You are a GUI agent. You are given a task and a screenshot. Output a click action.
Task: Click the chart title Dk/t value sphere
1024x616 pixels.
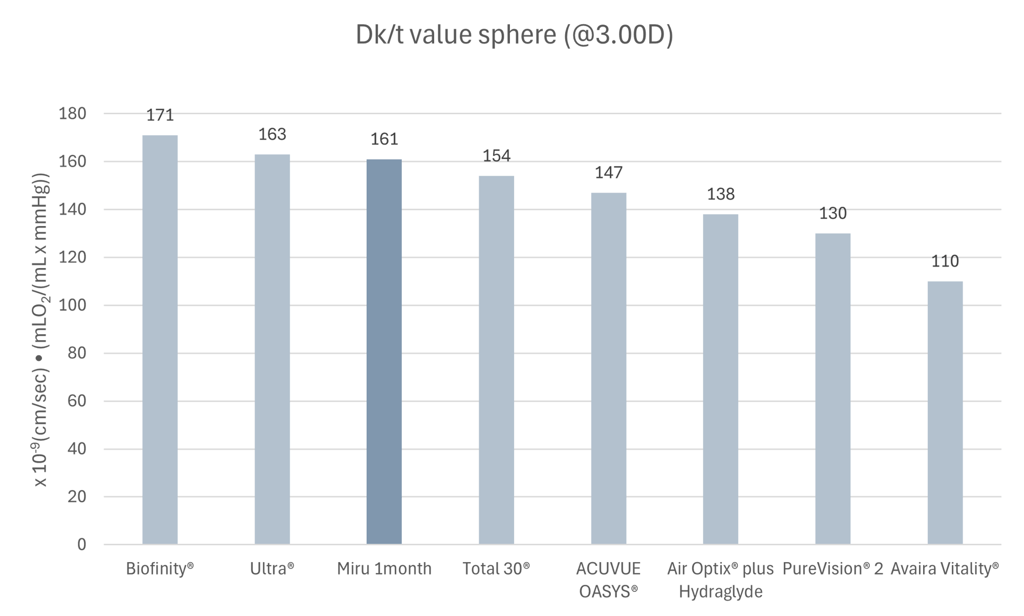(514, 35)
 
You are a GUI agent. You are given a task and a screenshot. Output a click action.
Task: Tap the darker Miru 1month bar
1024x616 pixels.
(384, 352)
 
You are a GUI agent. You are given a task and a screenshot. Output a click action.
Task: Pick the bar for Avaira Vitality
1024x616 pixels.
(945, 413)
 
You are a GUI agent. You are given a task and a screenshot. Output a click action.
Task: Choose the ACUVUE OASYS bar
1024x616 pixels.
(608, 368)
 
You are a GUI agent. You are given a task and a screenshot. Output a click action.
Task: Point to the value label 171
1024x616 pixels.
(160, 116)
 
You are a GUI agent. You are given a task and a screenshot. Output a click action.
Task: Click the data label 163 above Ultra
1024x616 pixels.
(272, 134)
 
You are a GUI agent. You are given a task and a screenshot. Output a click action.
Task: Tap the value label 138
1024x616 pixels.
(720, 194)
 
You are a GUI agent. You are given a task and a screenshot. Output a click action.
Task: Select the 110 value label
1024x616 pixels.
(945, 262)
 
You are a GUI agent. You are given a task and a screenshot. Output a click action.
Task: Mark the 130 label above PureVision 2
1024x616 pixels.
(833, 214)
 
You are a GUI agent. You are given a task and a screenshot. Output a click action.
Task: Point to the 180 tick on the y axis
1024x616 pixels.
(72, 114)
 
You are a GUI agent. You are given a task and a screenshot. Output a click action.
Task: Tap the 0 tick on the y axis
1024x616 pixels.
(82, 545)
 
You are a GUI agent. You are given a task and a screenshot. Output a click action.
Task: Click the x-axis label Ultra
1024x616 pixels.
(272, 569)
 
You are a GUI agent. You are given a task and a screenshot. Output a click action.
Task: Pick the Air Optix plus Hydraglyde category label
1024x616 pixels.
(720, 580)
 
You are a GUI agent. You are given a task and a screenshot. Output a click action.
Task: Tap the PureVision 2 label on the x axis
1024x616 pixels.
(833, 569)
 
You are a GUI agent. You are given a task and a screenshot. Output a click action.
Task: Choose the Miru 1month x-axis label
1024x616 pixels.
(384, 569)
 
